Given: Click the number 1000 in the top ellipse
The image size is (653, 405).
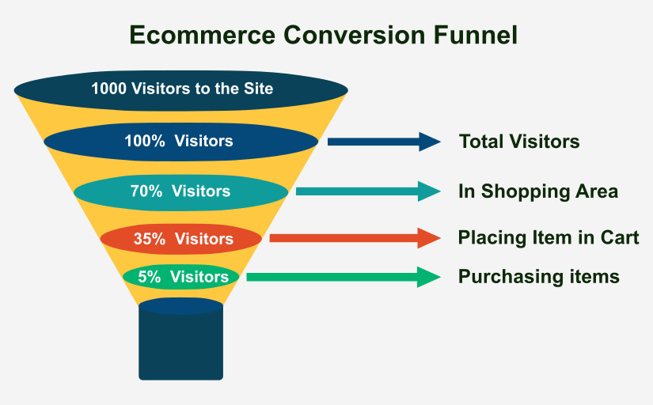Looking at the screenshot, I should tap(108, 89).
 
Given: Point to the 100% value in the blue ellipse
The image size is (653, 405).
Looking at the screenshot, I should tap(144, 142).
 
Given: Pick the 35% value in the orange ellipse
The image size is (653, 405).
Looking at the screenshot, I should tap(150, 238).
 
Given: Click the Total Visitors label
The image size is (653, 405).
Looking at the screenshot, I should tap(519, 142).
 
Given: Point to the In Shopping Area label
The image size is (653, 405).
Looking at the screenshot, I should tap(538, 191).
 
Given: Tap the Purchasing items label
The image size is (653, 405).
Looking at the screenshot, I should tap(539, 277).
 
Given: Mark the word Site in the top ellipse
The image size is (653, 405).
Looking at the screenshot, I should tap(258, 89).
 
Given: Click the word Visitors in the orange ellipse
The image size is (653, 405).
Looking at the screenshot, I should tap(204, 238).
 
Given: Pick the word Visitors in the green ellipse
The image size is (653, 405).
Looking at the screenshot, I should tap(199, 277).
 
